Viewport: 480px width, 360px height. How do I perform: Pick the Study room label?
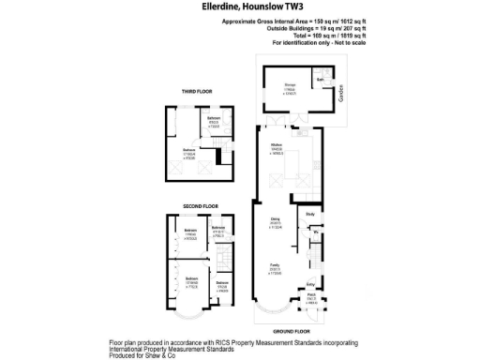click(310, 215)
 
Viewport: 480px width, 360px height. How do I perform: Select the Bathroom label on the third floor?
click(215, 118)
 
